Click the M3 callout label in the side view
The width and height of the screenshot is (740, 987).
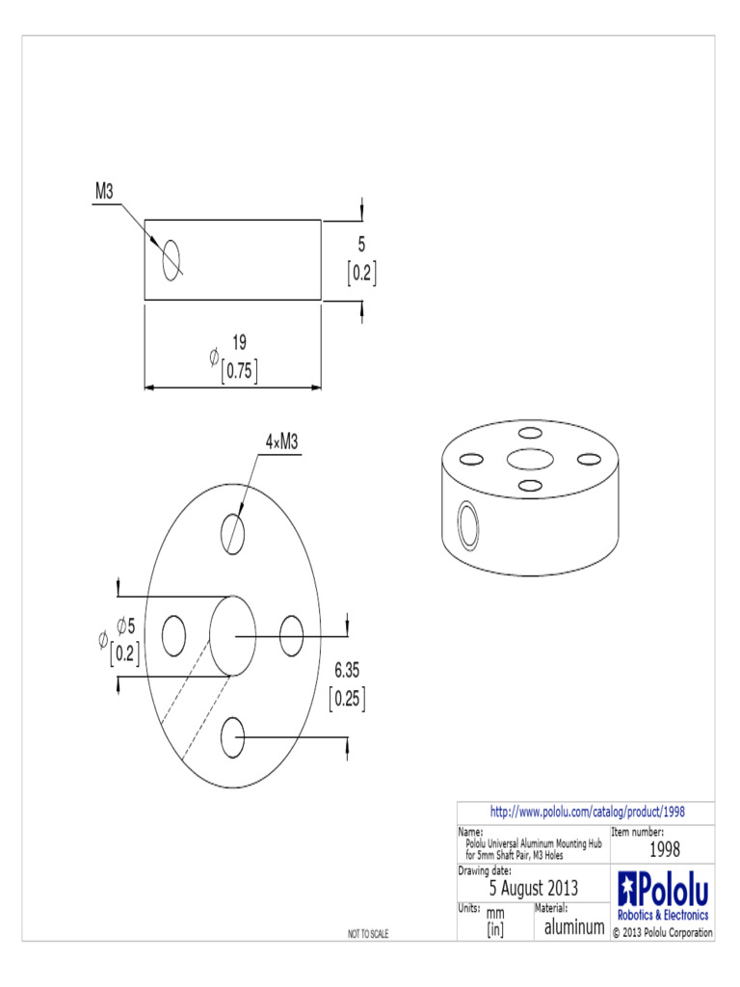[104, 192]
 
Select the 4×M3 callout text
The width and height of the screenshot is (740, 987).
[282, 441]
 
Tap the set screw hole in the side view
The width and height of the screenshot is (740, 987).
[172, 258]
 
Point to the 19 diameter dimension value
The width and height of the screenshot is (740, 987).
[240, 341]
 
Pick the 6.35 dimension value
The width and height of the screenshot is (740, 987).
[348, 669]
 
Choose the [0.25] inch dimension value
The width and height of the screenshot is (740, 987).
[348, 698]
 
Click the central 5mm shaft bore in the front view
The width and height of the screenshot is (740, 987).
[232, 635]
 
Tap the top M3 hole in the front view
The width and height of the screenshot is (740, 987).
[232, 531]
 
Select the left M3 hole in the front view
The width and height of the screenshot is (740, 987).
[174, 635]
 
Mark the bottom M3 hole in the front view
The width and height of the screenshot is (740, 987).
[232, 739]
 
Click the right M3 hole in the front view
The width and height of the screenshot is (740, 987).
[292, 635]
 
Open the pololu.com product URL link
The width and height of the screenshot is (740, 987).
[588, 813]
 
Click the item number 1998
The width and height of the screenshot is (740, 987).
[664, 849]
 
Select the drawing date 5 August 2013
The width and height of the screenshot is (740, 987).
[534, 888]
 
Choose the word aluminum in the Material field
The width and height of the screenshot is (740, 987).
[574, 927]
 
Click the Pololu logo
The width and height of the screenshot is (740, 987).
[663, 895]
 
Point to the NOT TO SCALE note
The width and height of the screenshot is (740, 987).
[368, 934]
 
